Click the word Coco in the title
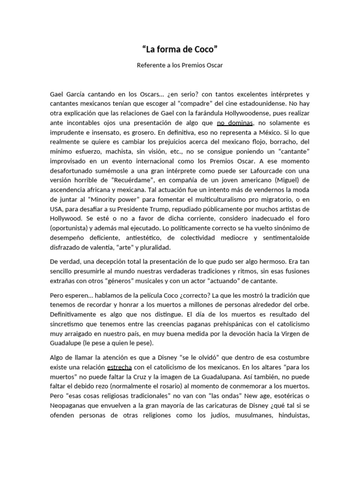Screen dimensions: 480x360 [x=204, y=48]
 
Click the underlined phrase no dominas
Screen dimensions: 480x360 [x=235, y=123]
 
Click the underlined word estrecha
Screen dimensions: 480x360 [x=120, y=368]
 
